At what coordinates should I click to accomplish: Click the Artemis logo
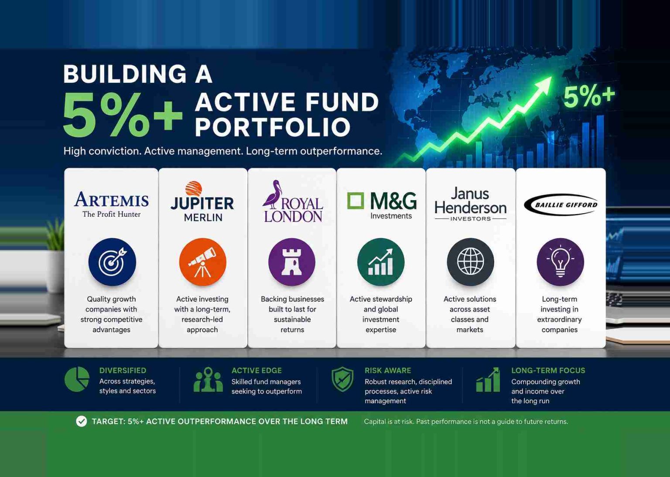pos(111,204)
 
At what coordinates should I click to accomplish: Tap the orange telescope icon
pos(202,262)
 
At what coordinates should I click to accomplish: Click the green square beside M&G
pos(356,201)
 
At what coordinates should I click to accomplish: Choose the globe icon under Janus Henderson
pos(471,262)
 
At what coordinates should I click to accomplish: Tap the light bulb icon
pos(560,262)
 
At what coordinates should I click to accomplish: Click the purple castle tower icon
pos(292,262)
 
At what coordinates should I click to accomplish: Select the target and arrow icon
pos(112,262)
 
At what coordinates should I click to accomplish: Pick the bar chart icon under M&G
pos(381,262)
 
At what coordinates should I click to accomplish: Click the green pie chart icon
pos(77,379)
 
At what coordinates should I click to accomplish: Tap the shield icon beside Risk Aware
pos(342,379)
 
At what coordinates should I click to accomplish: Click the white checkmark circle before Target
pos(82,421)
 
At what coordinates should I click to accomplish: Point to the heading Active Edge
pos(256,371)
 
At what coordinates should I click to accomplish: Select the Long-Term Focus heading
pos(548,371)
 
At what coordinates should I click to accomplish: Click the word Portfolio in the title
pos(273,127)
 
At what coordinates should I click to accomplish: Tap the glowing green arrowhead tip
pos(551,77)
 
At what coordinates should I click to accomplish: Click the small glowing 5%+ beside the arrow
pos(589,95)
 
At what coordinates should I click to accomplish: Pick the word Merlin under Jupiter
pos(203,218)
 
